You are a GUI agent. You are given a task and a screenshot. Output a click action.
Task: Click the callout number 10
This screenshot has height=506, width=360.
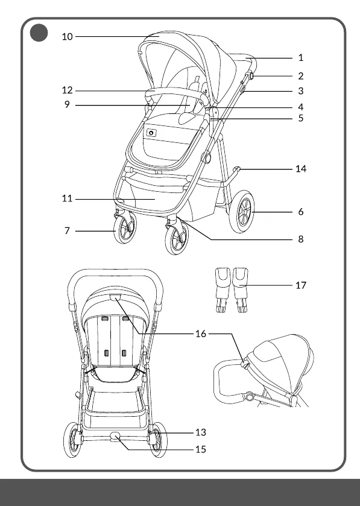pos(68,36)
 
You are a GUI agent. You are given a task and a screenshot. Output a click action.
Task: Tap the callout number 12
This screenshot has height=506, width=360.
pos(68,90)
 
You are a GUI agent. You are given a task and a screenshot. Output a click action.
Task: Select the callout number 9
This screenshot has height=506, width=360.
pos(67,104)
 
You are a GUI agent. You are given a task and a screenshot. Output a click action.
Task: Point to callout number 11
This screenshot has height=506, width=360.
pos(68,198)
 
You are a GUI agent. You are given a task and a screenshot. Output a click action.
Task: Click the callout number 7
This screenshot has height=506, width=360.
pos(67,231)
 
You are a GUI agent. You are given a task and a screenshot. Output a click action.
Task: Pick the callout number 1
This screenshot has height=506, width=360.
pos(301,58)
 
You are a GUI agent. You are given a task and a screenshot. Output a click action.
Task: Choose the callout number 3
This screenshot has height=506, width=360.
pos(301,91)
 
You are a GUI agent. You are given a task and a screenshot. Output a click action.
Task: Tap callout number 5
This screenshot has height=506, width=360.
pos(301,118)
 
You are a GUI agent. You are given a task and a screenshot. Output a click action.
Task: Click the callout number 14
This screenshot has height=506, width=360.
pos(301,169)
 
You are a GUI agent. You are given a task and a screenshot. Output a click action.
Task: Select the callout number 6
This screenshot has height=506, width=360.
pos(301,212)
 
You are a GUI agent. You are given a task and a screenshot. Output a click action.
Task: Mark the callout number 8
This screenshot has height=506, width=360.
pos(301,239)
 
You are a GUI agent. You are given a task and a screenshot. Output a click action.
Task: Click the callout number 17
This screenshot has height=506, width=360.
pos(301,285)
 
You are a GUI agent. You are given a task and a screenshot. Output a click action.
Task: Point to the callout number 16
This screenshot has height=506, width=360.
pos(201,334)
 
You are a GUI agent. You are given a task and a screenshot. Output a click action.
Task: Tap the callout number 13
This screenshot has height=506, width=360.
pos(201,432)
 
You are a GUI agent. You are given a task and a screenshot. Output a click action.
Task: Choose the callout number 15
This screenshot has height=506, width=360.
pos(201,449)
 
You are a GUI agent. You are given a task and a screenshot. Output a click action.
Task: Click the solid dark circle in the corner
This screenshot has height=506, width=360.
pos(39,33)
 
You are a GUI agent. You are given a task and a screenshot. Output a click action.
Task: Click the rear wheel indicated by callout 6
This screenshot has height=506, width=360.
pos(242,212)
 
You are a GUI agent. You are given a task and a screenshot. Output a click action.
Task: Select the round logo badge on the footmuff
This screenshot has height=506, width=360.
pos(151,133)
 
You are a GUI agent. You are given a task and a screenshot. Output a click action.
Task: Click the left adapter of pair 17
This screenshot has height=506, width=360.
pos(223,289)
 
